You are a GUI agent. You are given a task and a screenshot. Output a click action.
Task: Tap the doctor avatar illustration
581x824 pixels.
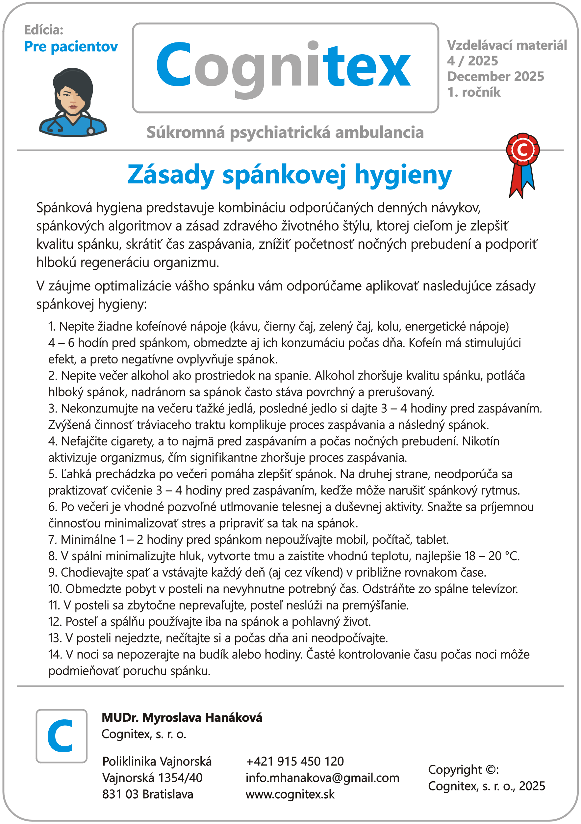pyautogui.click(x=73, y=102)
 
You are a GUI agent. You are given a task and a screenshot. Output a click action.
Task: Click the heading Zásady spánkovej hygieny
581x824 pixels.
pyautogui.click(x=289, y=175)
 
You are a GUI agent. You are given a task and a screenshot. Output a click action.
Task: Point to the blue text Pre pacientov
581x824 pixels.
pyautogui.click(x=71, y=47)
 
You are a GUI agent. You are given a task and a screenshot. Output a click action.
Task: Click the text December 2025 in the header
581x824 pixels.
pyautogui.click(x=495, y=76)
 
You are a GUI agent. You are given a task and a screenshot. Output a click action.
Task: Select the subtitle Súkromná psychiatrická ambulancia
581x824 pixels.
pyautogui.click(x=285, y=133)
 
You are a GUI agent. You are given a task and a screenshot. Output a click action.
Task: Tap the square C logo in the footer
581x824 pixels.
pyautogui.click(x=62, y=736)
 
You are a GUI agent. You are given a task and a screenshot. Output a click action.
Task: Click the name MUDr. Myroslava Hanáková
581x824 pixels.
pyautogui.click(x=182, y=717)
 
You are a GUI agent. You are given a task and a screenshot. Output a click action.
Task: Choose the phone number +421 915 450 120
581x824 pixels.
pyautogui.click(x=295, y=761)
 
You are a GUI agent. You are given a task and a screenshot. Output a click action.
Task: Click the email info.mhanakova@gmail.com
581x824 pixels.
pyautogui.click(x=322, y=778)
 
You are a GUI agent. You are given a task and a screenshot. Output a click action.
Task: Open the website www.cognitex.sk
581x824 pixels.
pyautogui.click(x=290, y=794)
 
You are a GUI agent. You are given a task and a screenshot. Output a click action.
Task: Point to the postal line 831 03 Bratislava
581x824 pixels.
pyautogui.click(x=147, y=794)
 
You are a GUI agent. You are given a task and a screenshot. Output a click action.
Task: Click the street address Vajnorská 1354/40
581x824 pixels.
pyautogui.click(x=152, y=778)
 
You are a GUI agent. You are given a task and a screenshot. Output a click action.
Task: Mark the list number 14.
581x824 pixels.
pyautogui.click(x=55, y=654)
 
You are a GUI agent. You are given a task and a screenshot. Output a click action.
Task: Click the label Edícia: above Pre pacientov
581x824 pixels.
pyautogui.click(x=43, y=30)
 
